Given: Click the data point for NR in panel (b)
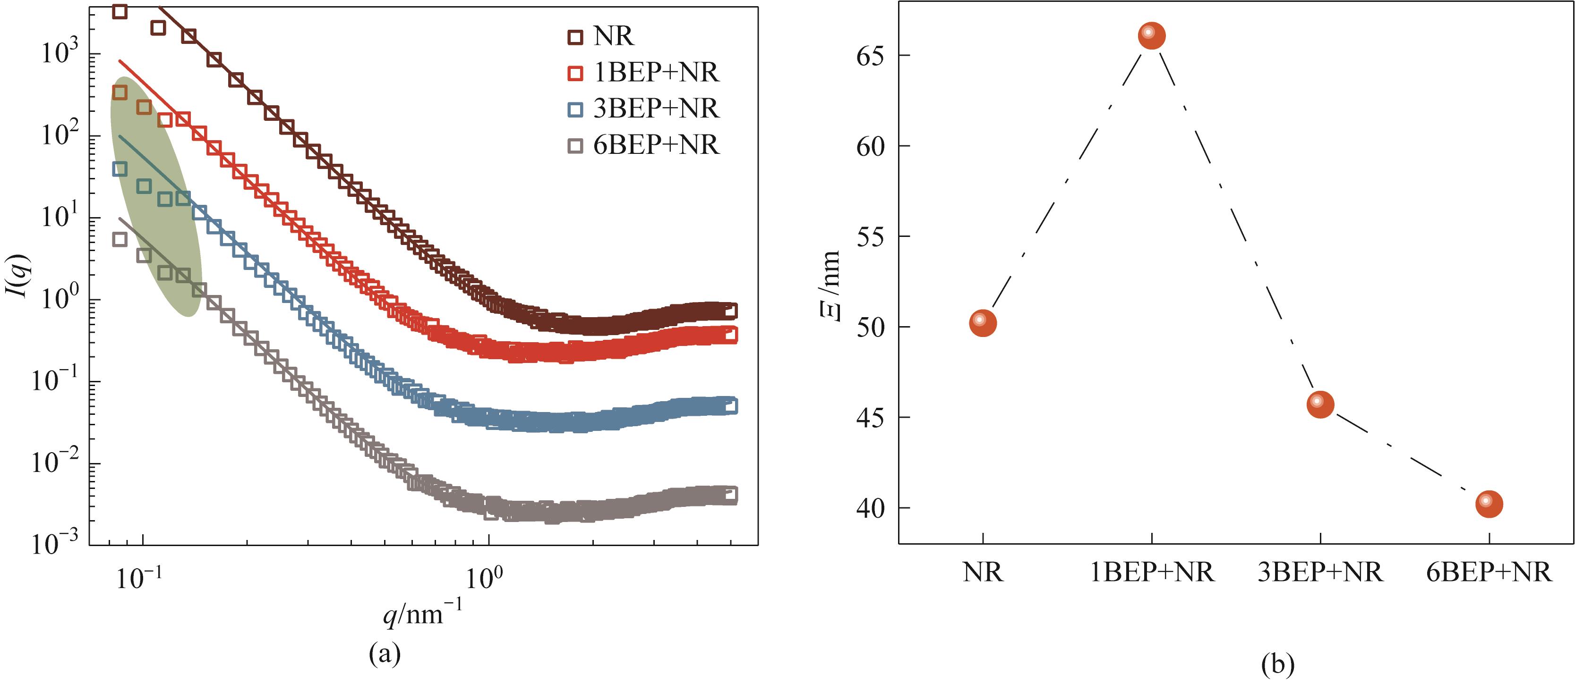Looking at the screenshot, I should (x=983, y=323).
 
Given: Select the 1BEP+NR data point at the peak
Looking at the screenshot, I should (x=1151, y=35).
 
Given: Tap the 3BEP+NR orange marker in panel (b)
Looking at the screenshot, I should (x=1320, y=404).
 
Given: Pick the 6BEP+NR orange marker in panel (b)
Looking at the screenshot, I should (x=1489, y=504).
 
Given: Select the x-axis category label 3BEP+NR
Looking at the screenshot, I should (x=1320, y=573).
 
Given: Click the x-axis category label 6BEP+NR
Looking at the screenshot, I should (x=1489, y=573).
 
